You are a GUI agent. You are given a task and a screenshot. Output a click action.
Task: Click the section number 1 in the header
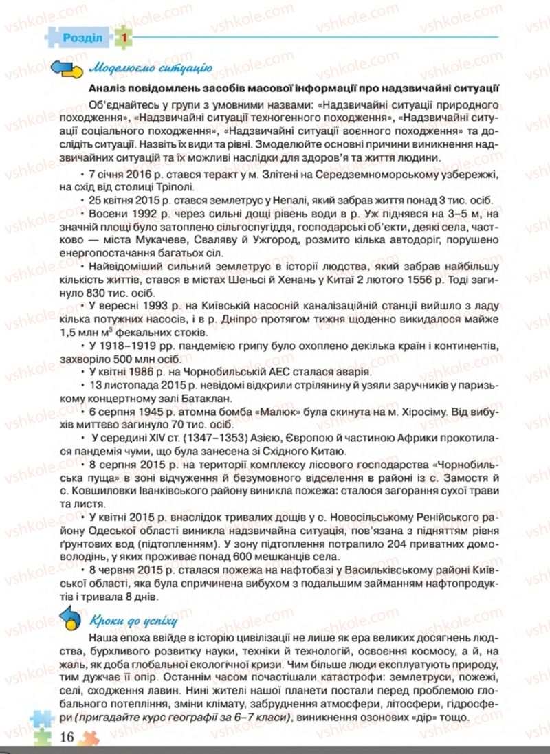pos(122,38)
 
